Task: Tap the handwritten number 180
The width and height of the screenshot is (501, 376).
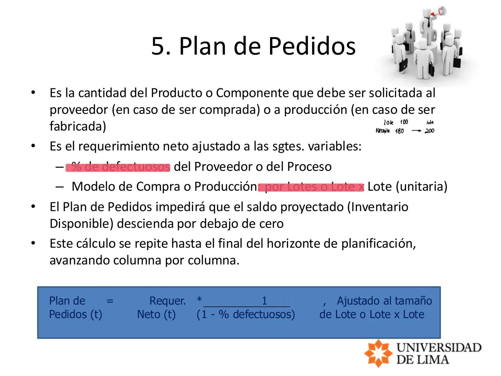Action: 399,131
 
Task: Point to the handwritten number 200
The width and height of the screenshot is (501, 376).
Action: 429,131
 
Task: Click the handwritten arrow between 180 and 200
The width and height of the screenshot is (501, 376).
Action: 416,131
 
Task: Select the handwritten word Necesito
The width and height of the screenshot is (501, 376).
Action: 382,131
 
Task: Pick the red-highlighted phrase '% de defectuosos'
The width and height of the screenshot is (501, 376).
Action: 118,167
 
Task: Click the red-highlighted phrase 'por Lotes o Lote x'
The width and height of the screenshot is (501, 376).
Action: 311,187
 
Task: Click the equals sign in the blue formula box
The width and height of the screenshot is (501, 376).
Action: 110,300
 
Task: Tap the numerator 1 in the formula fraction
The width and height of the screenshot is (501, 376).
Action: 264,300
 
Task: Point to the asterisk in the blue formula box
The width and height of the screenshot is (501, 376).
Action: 199,300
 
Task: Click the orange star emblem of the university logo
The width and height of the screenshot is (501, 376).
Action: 378,353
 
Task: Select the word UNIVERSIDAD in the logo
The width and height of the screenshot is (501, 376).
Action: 439,347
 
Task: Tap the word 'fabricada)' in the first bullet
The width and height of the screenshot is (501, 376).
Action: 78,126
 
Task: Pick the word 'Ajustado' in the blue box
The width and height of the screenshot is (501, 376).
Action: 359,300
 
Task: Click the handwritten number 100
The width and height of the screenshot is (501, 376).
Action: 404,122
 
